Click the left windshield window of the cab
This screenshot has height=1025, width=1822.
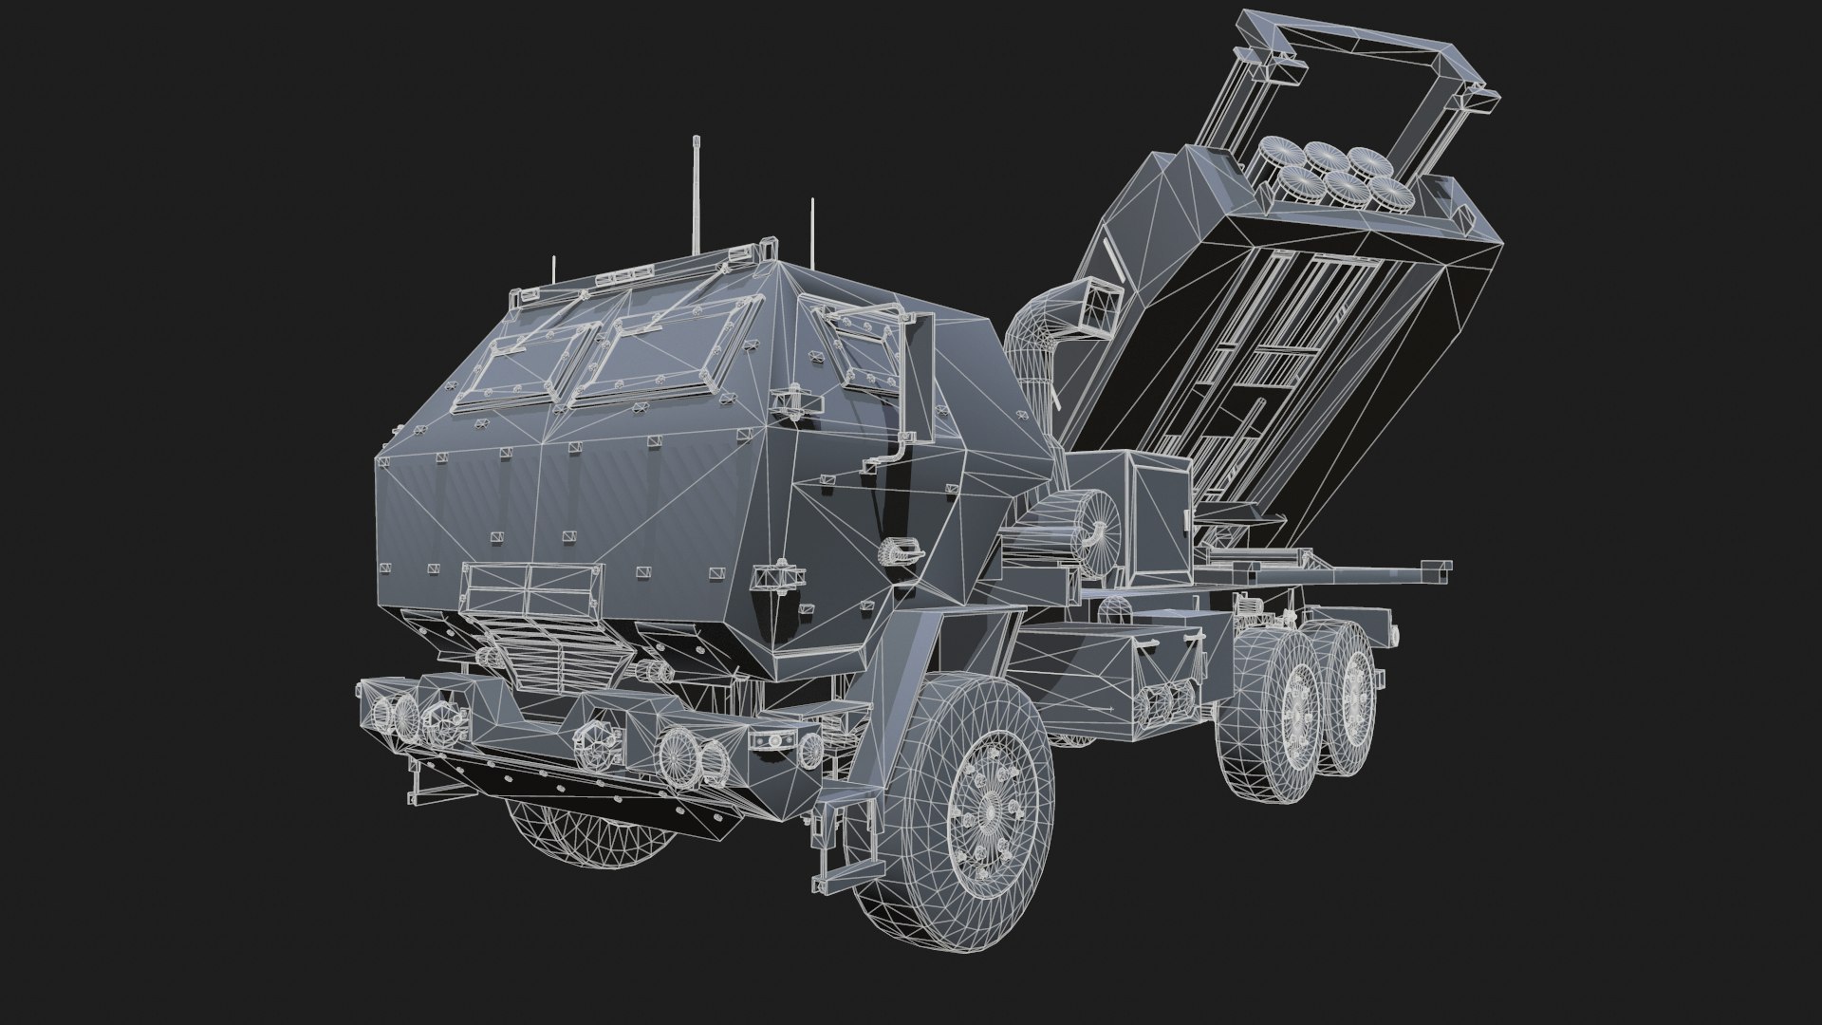coord(527,365)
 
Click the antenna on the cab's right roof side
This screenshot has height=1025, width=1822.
coord(813,233)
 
